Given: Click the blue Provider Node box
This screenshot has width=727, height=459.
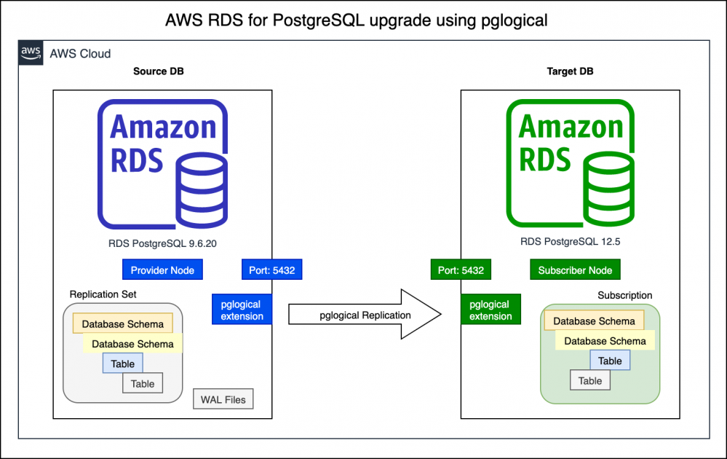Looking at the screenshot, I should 162,270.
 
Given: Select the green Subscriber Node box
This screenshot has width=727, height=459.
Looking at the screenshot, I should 575,270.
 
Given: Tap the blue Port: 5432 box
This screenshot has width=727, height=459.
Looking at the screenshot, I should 271,270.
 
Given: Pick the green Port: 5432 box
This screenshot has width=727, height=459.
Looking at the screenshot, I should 461,270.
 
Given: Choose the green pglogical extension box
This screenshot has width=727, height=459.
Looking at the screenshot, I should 490,310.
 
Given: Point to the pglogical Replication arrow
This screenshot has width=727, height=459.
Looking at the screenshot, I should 365,315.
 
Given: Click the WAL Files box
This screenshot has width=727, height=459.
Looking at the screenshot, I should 223,399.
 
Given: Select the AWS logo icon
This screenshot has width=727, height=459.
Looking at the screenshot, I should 31,53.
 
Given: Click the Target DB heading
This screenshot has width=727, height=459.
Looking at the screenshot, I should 570,71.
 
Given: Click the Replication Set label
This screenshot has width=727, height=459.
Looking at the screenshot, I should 103,294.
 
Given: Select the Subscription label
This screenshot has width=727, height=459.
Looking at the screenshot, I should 624,295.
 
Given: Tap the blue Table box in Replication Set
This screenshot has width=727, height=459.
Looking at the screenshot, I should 122,364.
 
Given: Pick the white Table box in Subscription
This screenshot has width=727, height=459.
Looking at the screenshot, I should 589,380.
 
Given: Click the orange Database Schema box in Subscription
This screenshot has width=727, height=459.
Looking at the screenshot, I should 594,321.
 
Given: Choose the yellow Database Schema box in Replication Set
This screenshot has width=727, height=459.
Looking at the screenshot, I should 132,344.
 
